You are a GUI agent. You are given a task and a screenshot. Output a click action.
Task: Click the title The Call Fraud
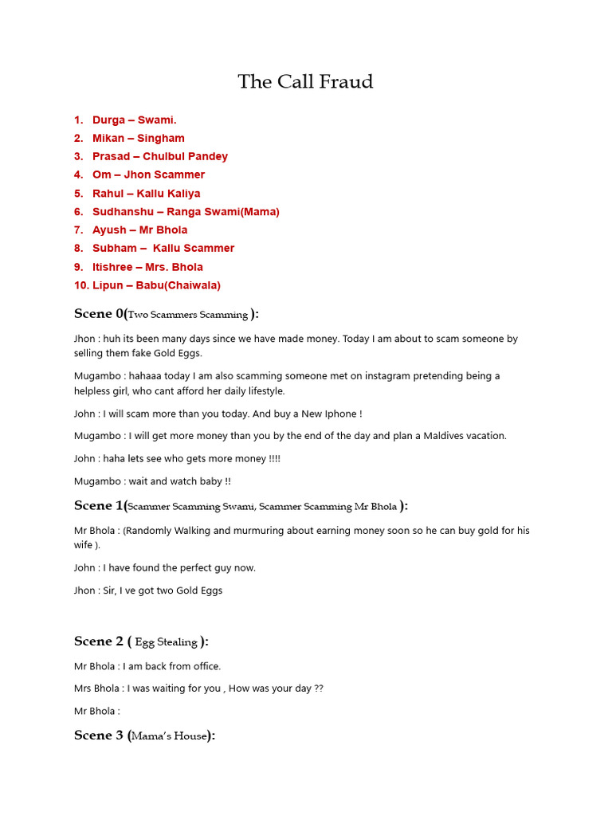tap(305, 82)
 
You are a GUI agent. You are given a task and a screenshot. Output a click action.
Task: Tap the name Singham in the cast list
tap(161, 139)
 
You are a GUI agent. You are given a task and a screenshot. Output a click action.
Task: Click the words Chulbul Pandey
tap(185, 157)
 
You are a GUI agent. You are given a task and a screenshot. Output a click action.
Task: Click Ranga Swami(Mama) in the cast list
tap(223, 212)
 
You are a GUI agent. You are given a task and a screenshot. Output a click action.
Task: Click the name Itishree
tap(112, 267)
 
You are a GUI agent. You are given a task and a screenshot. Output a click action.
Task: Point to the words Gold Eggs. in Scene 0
tap(178, 353)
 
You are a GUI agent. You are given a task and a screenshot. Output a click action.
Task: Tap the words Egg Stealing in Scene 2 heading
tap(167, 642)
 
